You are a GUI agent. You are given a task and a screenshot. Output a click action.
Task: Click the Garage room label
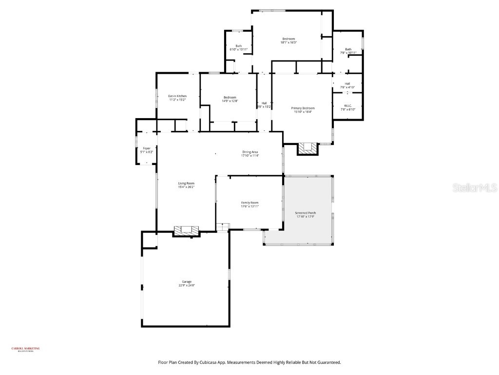click(187, 282)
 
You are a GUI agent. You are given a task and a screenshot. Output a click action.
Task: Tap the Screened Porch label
click(306, 213)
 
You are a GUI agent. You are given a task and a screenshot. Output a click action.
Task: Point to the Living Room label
click(186, 183)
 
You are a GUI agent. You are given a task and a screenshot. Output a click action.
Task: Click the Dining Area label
click(250, 152)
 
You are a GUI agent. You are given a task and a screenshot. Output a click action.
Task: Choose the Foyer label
click(146, 148)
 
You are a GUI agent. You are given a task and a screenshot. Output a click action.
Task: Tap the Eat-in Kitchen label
click(177, 96)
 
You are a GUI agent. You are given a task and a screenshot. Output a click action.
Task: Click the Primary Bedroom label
click(303, 108)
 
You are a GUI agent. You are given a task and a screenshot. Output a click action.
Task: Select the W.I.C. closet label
click(348, 105)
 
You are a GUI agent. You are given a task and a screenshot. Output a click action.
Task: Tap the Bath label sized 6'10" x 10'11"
click(238, 46)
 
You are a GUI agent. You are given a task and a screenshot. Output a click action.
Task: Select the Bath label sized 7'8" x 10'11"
click(348, 49)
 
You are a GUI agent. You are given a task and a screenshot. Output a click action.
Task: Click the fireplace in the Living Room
click(187, 230)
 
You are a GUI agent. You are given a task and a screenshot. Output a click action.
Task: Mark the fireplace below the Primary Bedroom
click(307, 147)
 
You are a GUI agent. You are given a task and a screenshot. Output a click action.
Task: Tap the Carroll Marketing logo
click(25, 349)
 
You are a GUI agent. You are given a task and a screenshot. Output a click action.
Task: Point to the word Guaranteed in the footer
click(327, 362)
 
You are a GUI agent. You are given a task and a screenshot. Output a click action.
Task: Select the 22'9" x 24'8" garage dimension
click(187, 286)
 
